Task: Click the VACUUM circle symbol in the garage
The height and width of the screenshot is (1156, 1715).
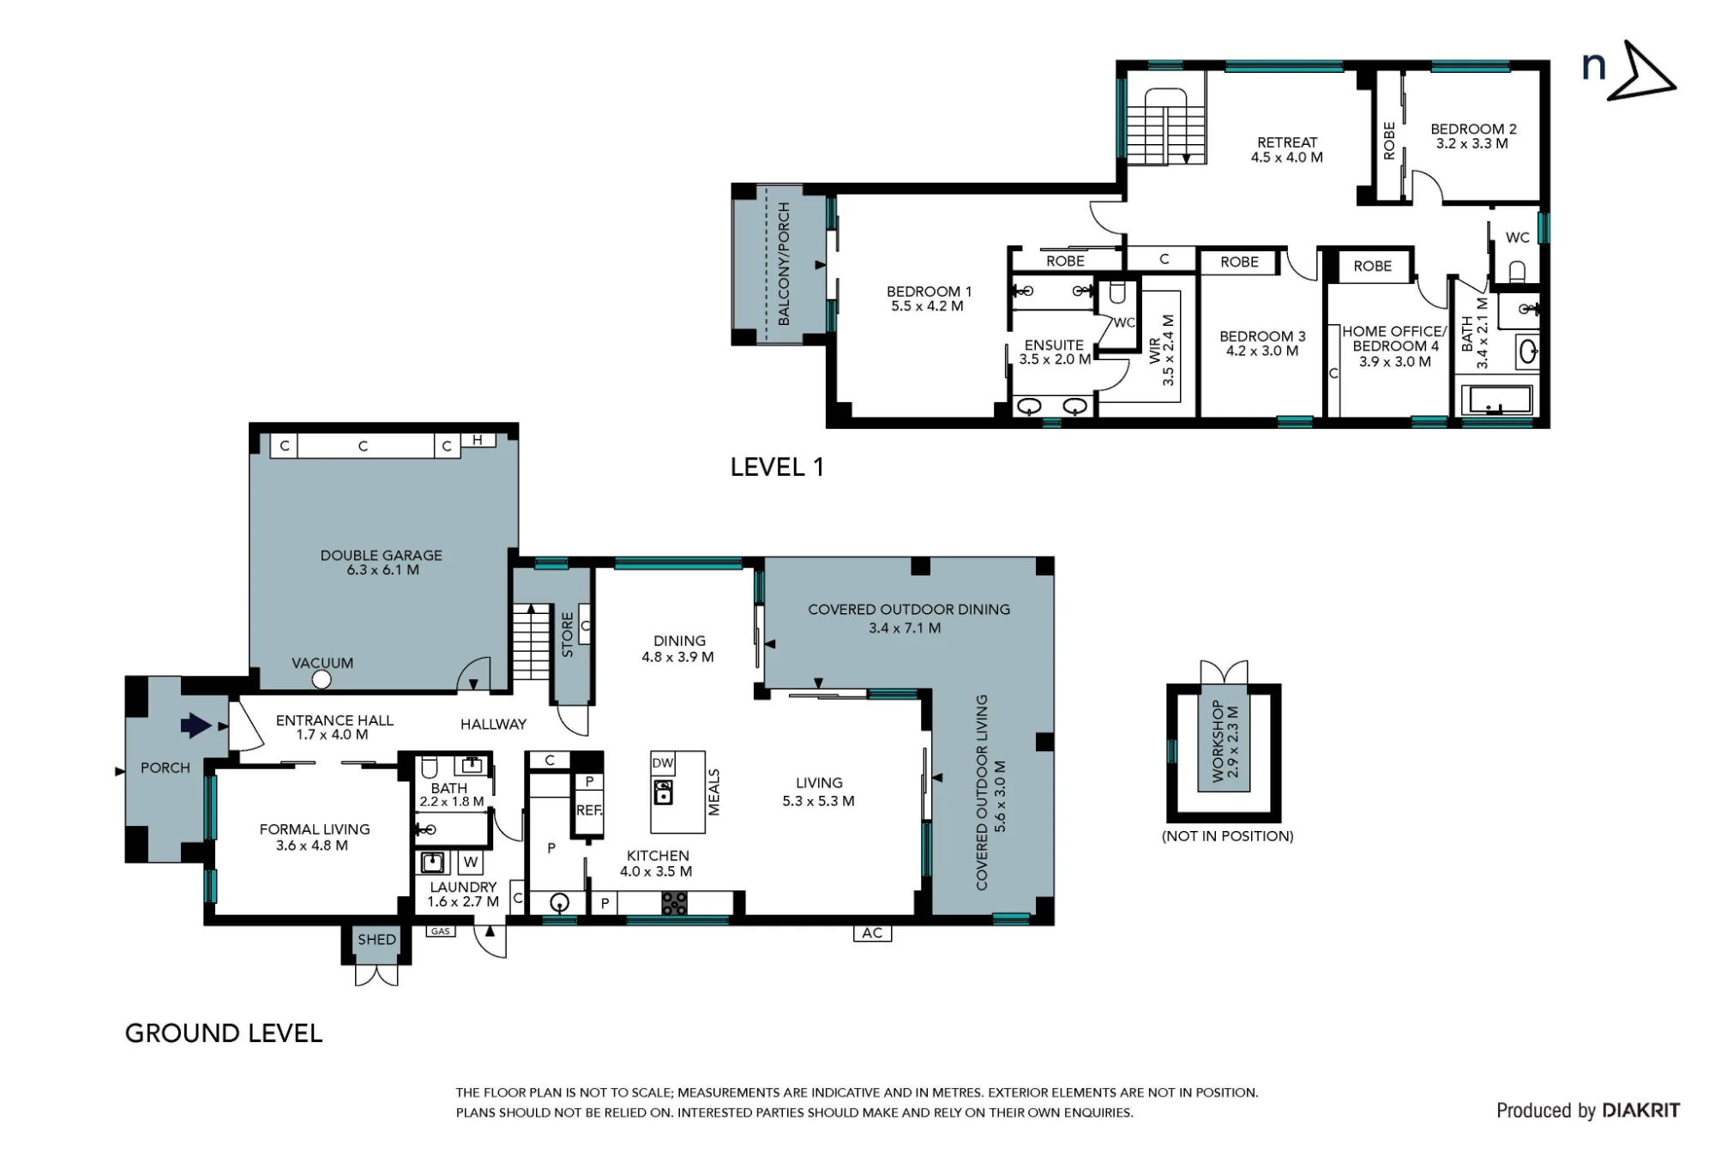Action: pyautogui.click(x=322, y=680)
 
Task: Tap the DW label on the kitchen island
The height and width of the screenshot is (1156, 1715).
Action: pyautogui.click(x=663, y=762)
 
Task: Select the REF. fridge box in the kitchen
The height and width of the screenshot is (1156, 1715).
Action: pyautogui.click(x=589, y=810)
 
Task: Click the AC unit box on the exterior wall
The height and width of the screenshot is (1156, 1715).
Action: pyautogui.click(x=872, y=933)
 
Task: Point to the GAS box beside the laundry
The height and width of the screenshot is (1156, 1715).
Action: pyautogui.click(x=440, y=931)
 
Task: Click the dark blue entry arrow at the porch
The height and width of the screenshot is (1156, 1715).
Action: pyautogui.click(x=196, y=726)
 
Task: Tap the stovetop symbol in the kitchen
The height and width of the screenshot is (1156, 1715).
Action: pyautogui.click(x=675, y=903)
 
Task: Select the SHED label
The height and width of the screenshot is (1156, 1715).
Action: pyautogui.click(x=377, y=939)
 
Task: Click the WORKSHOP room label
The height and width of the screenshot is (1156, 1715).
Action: pyautogui.click(x=1217, y=742)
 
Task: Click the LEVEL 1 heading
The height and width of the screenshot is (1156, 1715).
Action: pyautogui.click(x=777, y=467)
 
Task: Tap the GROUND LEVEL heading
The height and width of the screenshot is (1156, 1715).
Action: pyautogui.click(x=224, y=1033)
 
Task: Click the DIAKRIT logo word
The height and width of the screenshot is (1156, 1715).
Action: pyautogui.click(x=1640, y=1111)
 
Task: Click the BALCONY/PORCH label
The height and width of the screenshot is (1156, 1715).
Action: pyautogui.click(x=784, y=264)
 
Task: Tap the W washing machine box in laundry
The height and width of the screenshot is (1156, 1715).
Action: pyautogui.click(x=471, y=862)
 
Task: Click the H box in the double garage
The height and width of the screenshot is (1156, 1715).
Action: pyautogui.click(x=478, y=441)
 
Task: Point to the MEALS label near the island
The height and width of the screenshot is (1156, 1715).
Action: pyautogui.click(x=714, y=792)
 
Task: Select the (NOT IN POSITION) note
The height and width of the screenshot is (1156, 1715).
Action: pyautogui.click(x=1228, y=836)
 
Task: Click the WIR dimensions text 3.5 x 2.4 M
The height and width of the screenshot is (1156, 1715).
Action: pyautogui.click(x=1168, y=350)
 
